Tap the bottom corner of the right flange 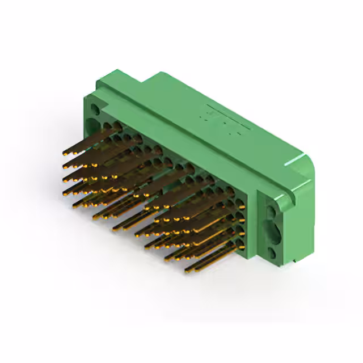coord(296,263)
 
